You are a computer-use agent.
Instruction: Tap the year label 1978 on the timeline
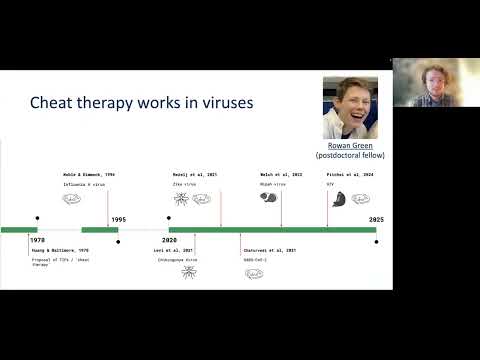coord(37,240)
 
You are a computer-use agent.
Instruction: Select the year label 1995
coord(118,219)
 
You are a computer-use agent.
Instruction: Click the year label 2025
coord(376,219)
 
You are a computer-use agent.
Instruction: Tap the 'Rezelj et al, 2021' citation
coord(194,174)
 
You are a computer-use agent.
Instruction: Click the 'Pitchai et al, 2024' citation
coord(349,174)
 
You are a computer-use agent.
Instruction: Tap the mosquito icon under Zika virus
coord(181,198)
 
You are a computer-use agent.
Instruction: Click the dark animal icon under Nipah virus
coord(268,198)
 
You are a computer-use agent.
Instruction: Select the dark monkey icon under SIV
coord(337,198)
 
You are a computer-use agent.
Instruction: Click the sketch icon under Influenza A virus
coord(73,198)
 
